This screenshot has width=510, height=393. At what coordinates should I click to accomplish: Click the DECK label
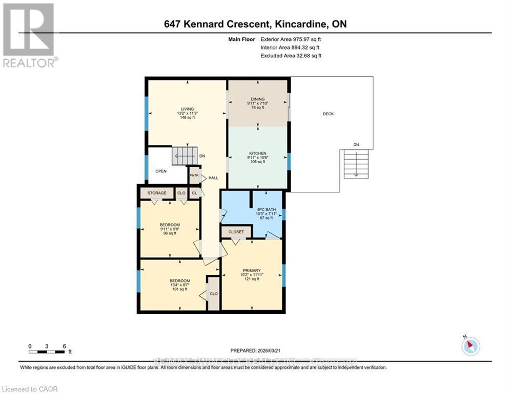coord(328,114)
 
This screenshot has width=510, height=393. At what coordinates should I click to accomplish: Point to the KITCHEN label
coord(258,154)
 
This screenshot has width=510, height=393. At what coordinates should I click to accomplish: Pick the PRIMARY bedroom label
coord(252,271)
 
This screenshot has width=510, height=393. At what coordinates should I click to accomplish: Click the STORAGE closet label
coord(157,193)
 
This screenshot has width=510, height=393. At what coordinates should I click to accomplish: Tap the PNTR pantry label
coord(194,175)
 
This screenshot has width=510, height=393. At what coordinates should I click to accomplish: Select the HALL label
coord(213,178)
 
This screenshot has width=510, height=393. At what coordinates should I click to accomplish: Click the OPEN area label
coord(161,171)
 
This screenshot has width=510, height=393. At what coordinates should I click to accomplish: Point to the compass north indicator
coord(470,346)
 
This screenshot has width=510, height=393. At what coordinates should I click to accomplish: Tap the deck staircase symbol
coord(356,164)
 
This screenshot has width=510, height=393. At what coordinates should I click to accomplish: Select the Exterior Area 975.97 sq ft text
coord(291,39)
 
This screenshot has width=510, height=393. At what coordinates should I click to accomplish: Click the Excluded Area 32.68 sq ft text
coord(291,56)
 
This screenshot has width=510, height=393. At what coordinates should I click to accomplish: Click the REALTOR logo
coord(29,35)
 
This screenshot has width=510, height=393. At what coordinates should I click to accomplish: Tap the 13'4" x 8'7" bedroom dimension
coord(180,285)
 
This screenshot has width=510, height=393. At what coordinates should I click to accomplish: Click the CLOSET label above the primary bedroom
coord(236,232)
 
